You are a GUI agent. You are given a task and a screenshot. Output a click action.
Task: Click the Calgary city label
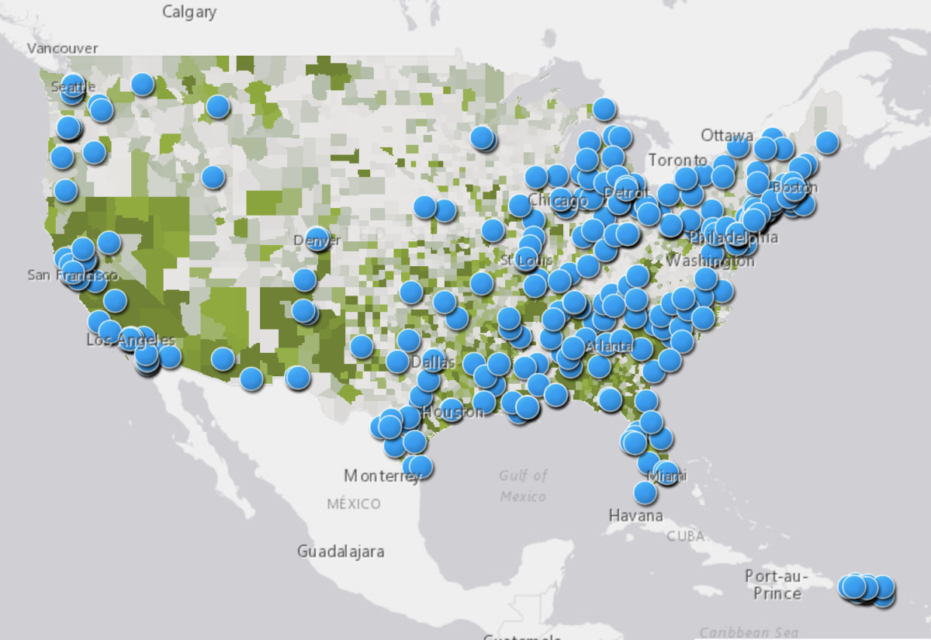tap(189, 12)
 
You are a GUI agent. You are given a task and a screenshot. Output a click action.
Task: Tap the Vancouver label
tap(63, 48)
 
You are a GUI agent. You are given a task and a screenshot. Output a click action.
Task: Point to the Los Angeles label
tap(130, 341)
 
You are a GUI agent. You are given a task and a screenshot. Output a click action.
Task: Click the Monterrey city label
tap(382, 476)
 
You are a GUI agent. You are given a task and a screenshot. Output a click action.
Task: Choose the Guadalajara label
tap(341, 552)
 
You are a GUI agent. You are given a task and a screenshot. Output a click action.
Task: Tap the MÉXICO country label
tap(354, 504)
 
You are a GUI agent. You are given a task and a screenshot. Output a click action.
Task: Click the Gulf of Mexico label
tap(523, 486)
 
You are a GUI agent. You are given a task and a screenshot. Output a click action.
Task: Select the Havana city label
tap(636, 515)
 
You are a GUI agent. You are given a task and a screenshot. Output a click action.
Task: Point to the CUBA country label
tap(686, 535)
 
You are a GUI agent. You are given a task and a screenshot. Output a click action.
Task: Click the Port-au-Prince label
tap(777, 585)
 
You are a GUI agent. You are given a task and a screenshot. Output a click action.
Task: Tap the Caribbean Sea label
tap(748, 632)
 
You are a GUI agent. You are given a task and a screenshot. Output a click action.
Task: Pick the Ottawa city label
tap(727, 135)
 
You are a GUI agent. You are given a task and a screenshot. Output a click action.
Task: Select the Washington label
tap(710, 261)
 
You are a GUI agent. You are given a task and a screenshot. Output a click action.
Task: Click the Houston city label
tap(452, 412)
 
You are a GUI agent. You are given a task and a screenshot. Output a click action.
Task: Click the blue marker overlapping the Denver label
tap(317, 239)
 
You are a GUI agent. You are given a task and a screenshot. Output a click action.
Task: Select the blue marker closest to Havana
tap(645, 492)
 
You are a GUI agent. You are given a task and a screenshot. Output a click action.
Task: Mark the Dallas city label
tap(429, 362)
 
